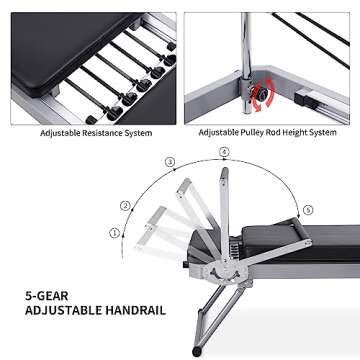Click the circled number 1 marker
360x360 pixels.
[x=114, y=233]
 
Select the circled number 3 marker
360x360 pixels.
[x=170, y=161]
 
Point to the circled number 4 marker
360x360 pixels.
[x=224, y=152]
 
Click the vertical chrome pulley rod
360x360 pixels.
[x=244, y=50]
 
